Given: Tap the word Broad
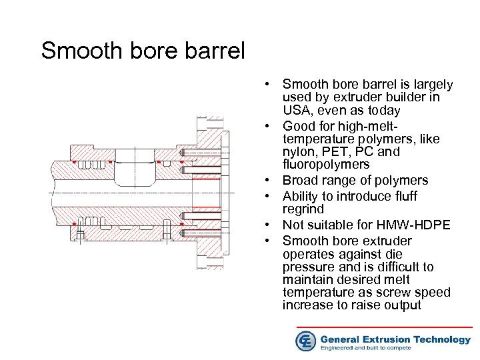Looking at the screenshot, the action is coord(299,180).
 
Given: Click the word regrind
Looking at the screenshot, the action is coord(302,209).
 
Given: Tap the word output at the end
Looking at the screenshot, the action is coord(402,305).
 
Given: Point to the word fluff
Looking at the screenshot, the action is coord(422,196).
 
